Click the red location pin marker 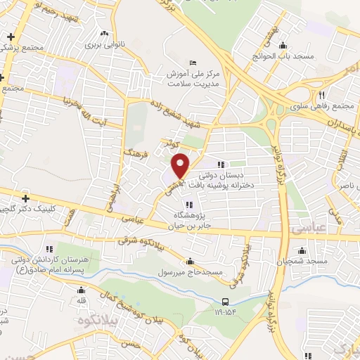pos(181,165)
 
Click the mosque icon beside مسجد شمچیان pos(303,250)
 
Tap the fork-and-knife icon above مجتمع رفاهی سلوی pos(321,95)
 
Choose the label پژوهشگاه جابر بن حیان pos(188,221)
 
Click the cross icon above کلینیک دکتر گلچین pos(26,199)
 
